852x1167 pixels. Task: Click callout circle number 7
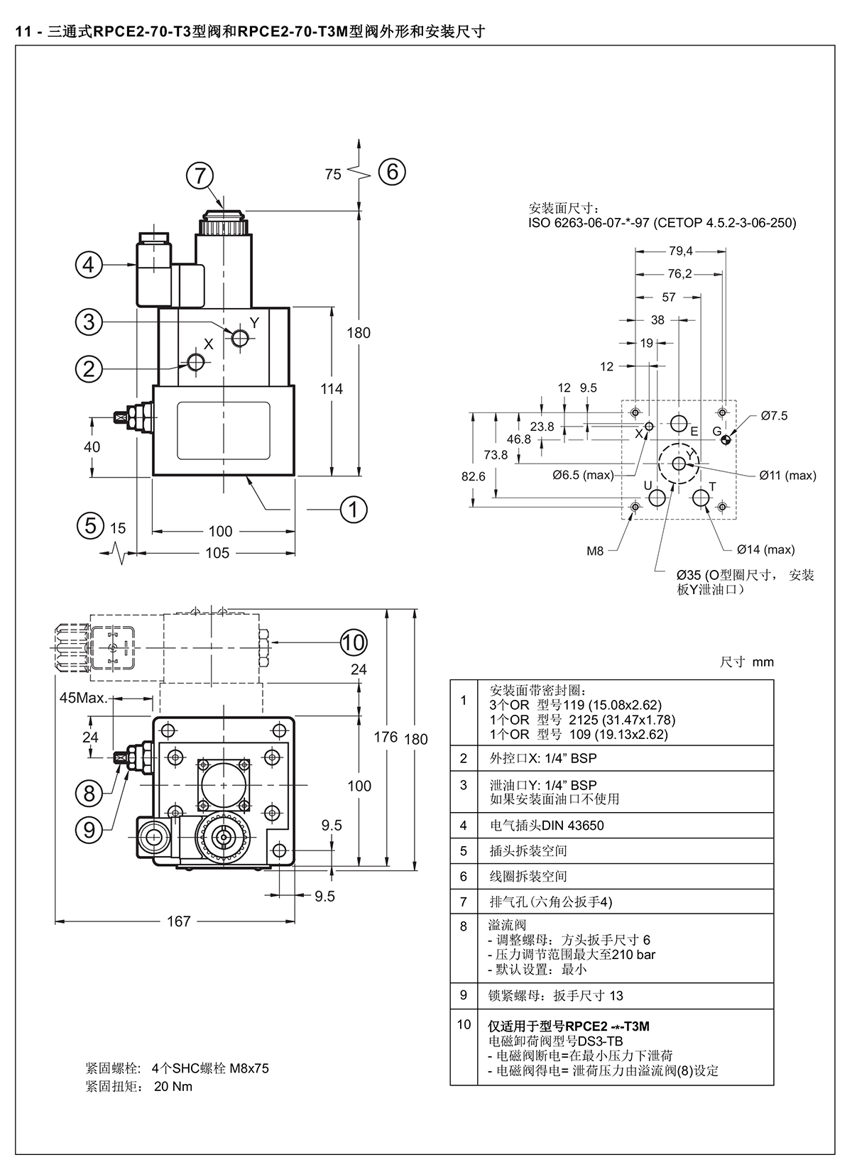(x=200, y=175)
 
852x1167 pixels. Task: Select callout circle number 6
(x=392, y=171)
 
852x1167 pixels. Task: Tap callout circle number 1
(x=354, y=509)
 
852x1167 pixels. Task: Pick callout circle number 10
(x=354, y=642)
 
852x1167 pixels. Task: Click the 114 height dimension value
(x=332, y=389)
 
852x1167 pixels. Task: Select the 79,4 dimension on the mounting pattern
(x=681, y=251)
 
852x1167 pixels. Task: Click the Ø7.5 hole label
(x=774, y=416)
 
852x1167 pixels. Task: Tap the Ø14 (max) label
(x=765, y=549)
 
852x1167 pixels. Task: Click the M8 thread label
(x=594, y=551)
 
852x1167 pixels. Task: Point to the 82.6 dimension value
(x=473, y=476)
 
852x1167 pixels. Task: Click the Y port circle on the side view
(x=240, y=338)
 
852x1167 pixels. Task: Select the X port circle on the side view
(x=195, y=361)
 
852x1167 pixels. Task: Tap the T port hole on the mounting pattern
(x=701, y=498)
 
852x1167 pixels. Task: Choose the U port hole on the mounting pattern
(x=657, y=498)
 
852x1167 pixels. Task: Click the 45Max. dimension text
(x=83, y=698)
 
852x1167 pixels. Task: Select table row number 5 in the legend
(x=463, y=851)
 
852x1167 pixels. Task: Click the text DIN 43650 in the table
(x=573, y=826)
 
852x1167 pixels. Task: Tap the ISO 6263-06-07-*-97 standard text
(x=589, y=223)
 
